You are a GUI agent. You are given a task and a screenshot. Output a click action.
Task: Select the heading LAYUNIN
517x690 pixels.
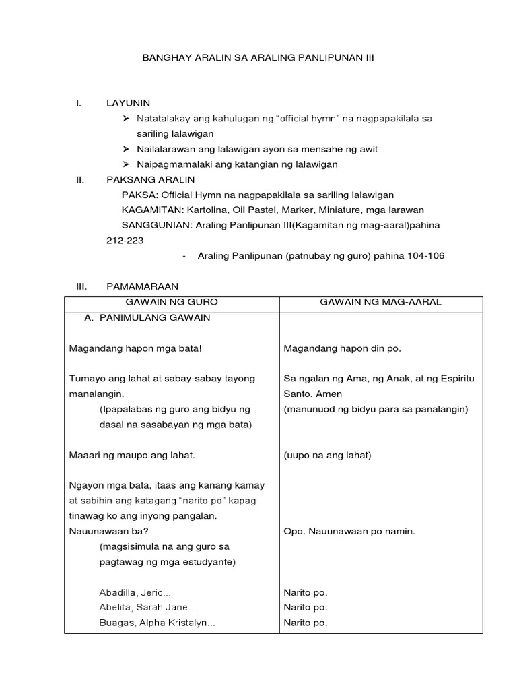[128, 103]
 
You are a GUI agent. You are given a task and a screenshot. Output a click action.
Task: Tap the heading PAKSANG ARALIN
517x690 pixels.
[150, 180]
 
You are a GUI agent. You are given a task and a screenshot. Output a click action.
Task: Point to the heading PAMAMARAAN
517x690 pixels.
[142, 286]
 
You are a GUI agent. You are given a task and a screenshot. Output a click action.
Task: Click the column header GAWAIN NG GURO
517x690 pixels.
[172, 302]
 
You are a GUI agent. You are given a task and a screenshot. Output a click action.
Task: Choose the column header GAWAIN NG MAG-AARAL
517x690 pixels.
[381, 302]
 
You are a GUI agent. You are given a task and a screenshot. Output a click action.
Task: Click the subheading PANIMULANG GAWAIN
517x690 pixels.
[154, 317]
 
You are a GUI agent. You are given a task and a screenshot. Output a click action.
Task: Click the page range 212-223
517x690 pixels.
[125, 241]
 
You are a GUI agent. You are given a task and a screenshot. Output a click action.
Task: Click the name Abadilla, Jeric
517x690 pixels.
[135, 593]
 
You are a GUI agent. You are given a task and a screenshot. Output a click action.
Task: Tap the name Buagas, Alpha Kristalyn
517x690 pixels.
[157, 623]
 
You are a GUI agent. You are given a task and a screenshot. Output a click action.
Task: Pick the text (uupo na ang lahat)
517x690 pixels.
[327, 456]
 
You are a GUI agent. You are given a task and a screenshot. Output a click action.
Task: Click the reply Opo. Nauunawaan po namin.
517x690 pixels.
[349, 532]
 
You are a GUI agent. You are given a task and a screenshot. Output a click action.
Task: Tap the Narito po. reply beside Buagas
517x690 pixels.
[306, 623]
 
